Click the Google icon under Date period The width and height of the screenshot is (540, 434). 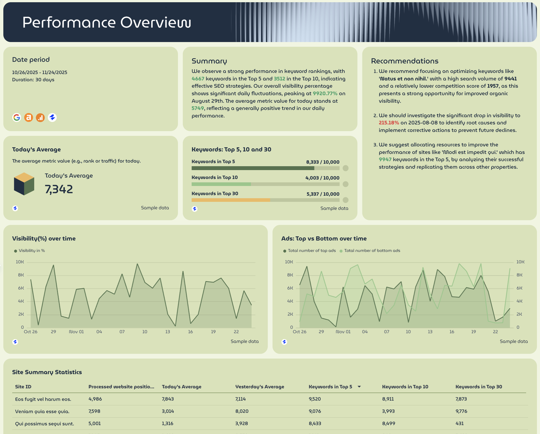pos(17,117)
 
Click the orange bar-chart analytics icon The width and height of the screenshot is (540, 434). pos(40,117)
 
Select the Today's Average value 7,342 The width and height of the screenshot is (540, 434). pos(59,189)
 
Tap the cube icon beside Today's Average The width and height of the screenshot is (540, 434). pos(24,184)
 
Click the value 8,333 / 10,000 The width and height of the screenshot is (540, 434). pos(323,162)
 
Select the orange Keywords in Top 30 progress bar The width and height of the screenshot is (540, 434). pos(231,200)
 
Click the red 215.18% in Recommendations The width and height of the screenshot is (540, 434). pos(389,123)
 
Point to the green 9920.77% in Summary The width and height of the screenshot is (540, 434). pos(325,94)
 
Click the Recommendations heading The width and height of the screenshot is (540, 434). pos(405,61)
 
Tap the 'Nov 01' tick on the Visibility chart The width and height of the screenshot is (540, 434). pos(76,332)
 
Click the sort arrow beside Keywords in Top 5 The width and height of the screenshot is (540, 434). pos(359,387)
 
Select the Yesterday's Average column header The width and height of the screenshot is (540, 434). pos(260,387)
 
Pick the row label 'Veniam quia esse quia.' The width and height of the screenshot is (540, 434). pos(42,411)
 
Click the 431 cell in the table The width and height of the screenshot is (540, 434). pos(459,423)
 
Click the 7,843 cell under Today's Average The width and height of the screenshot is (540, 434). pos(168,399)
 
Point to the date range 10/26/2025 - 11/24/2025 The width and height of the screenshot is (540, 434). pos(40,72)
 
